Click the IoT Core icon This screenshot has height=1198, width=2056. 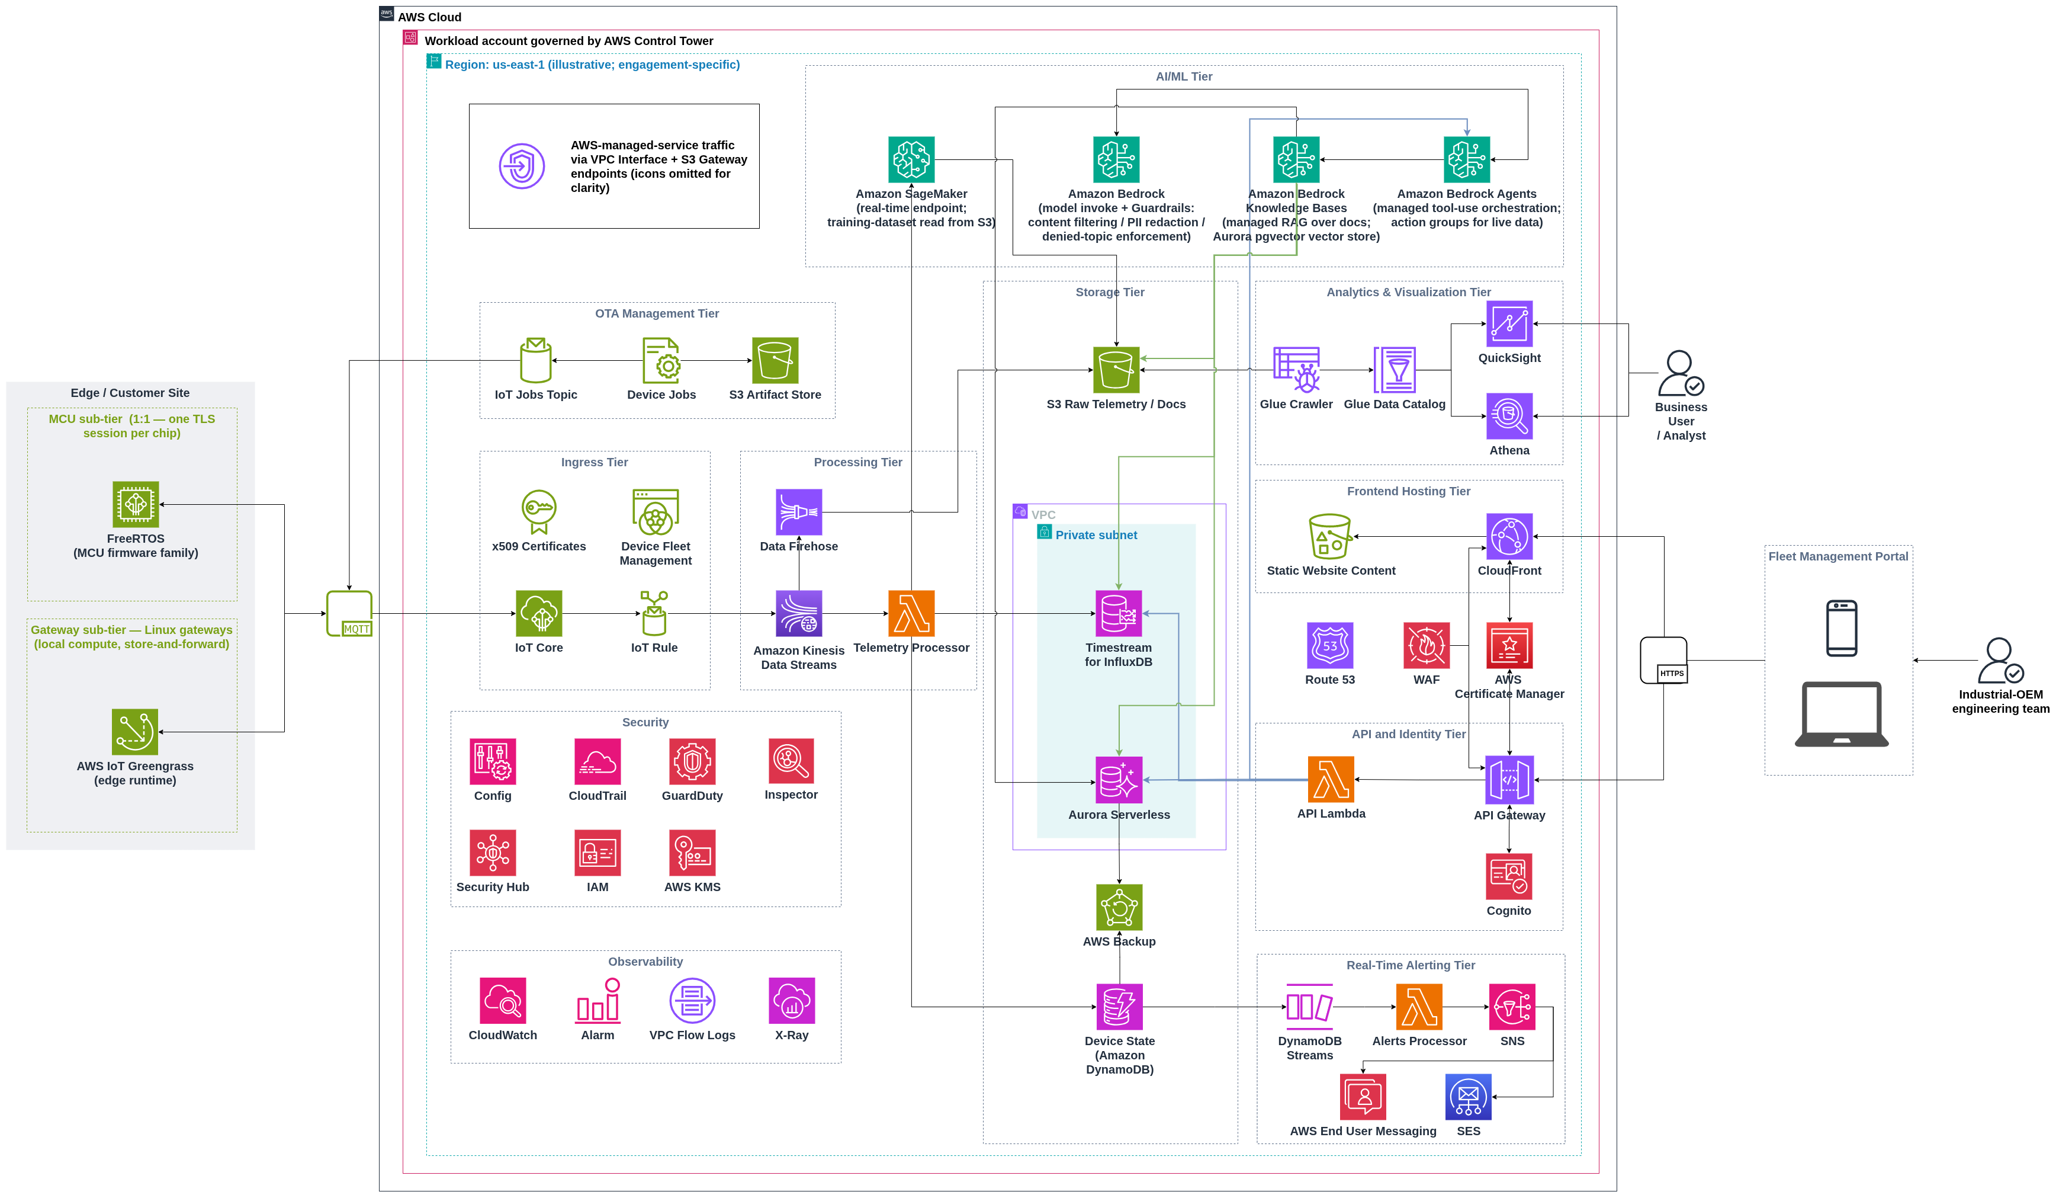(538, 614)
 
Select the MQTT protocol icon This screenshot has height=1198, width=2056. (349, 614)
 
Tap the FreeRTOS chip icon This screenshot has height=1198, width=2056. (136, 504)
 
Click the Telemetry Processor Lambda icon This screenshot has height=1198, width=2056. (911, 614)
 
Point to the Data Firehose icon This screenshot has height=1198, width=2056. (799, 512)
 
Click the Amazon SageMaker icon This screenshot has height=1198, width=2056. (911, 160)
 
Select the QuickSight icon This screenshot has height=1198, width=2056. (1509, 324)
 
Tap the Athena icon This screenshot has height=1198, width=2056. (1509, 416)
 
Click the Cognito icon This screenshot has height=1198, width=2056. (1509, 876)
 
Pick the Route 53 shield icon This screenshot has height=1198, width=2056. (1330, 646)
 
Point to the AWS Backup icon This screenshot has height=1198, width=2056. (1119, 908)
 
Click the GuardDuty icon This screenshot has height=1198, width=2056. (693, 761)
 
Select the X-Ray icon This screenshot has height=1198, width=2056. (791, 1001)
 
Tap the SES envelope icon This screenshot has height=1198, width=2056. (1469, 1097)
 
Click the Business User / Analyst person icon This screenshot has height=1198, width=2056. (1681, 374)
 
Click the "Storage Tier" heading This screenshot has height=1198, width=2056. (1110, 292)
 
